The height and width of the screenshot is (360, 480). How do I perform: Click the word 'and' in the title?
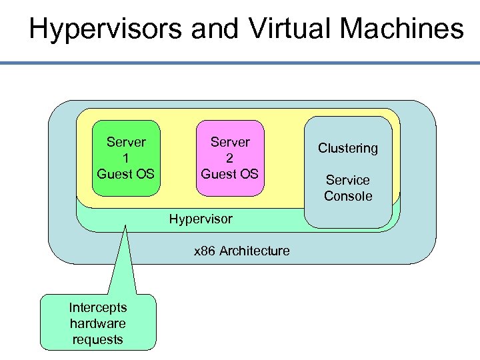click(x=224, y=29)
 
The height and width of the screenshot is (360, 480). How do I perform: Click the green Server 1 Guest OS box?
click(x=125, y=159)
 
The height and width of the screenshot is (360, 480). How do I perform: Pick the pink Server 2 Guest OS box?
click(x=230, y=159)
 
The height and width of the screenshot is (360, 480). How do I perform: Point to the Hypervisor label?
click(x=201, y=219)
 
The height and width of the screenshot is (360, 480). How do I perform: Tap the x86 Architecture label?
click(x=241, y=251)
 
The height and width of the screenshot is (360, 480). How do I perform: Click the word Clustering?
click(x=348, y=148)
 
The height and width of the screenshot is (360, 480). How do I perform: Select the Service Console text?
click(x=348, y=188)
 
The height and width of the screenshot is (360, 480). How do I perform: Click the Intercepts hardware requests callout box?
click(x=98, y=323)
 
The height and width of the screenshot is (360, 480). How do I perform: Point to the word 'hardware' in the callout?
click(x=98, y=323)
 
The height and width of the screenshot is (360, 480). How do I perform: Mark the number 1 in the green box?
click(x=126, y=158)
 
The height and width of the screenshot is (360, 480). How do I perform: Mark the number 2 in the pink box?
click(x=230, y=158)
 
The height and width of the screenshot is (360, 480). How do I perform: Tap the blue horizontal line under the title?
click(x=240, y=63)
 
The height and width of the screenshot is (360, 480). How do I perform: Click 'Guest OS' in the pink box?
click(x=230, y=174)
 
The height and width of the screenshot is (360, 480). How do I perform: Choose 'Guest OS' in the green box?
click(x=126, y=174)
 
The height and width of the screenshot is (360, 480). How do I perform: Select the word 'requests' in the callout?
click(x=98, y=339)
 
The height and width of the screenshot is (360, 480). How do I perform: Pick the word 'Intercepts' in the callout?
click(x=98, y=307)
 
